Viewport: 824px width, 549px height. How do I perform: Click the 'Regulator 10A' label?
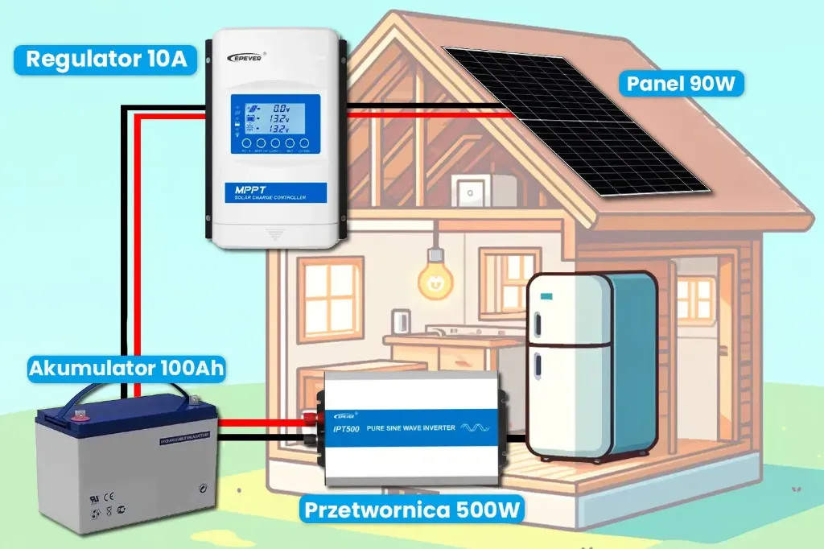point(106,59)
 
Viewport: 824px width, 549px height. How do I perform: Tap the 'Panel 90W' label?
point(681,83)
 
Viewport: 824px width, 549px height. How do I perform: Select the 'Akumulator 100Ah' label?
point(126,369)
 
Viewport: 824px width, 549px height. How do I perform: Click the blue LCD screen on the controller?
point(275,124)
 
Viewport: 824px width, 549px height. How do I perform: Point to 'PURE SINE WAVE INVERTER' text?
point(410,427)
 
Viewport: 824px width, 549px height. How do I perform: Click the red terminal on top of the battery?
point(80,416)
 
